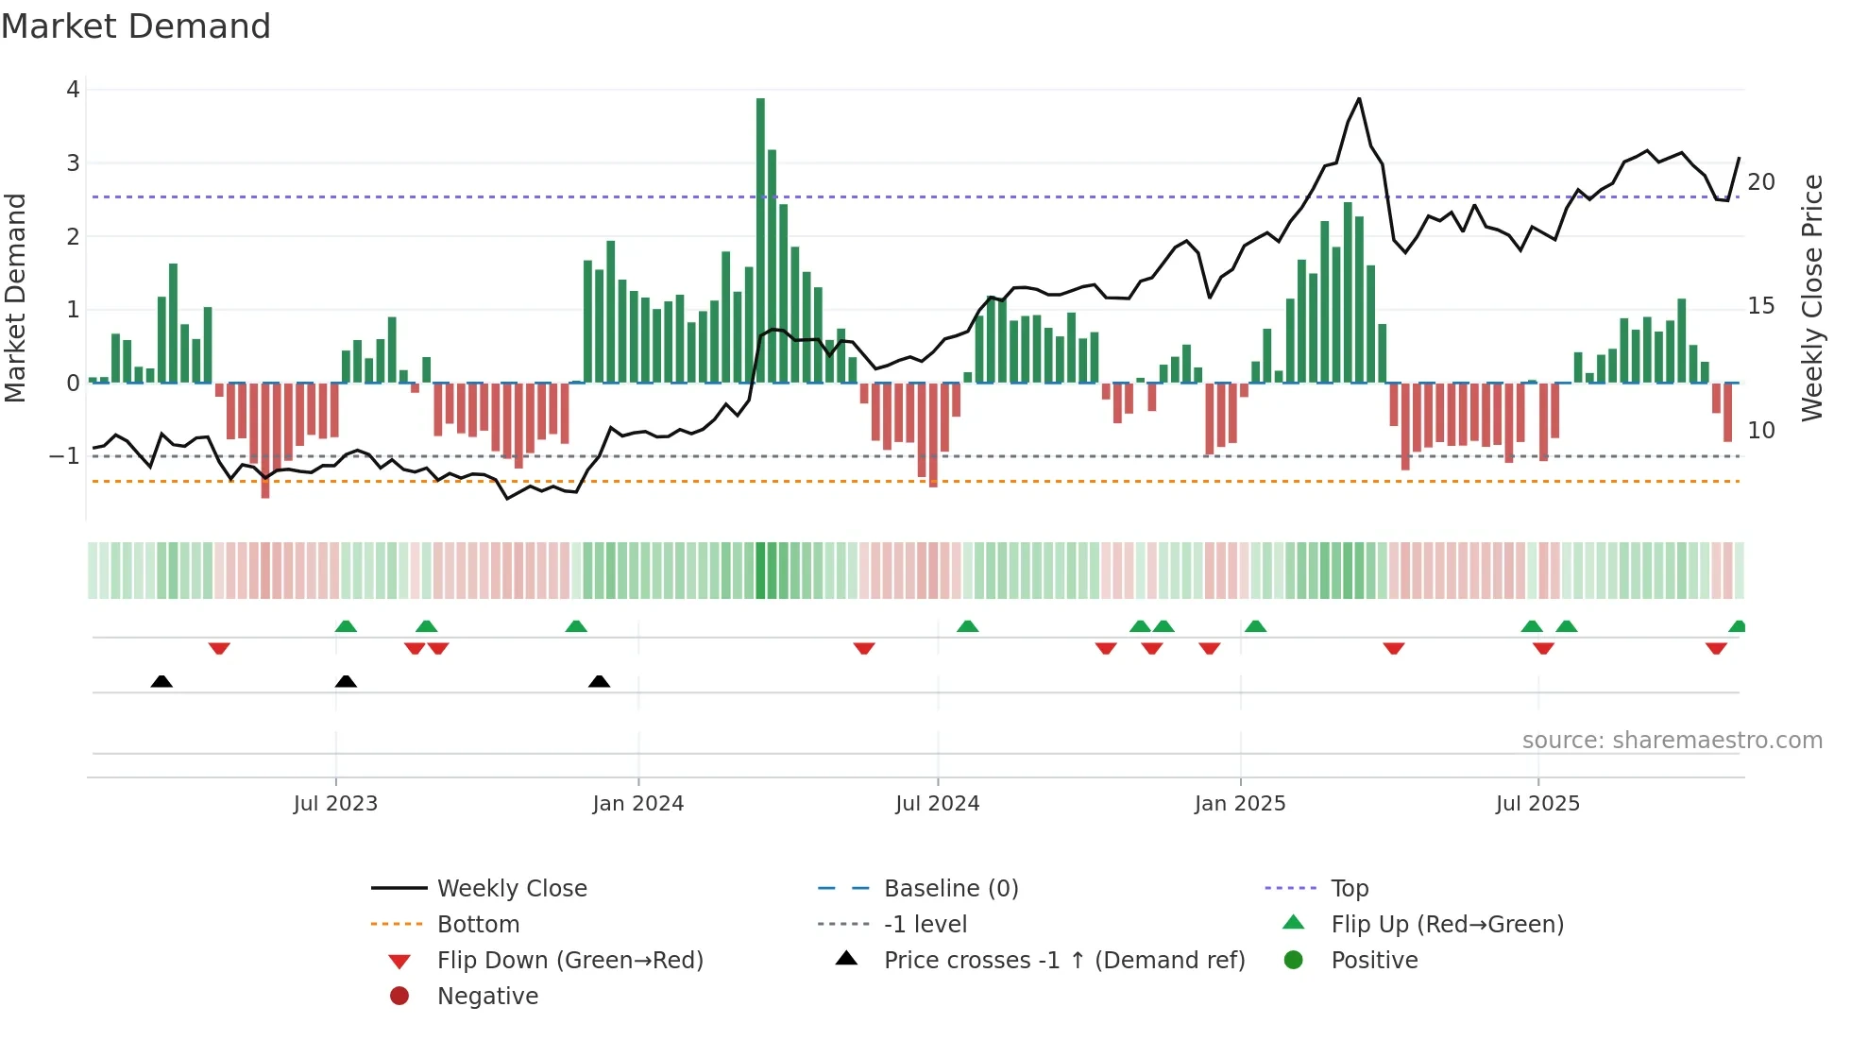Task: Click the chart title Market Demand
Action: coord(136,26)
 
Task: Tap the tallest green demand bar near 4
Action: coord(760,236)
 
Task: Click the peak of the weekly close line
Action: coord(1359,99)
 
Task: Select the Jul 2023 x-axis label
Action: coord(335,804)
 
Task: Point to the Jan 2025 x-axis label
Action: coord(1240,804)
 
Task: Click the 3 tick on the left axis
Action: coord(73,163)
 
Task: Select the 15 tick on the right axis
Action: coord(1761,306)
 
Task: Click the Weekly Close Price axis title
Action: coord(1812,298)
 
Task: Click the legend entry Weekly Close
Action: coord(511,889)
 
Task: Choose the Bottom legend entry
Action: coord(478,925)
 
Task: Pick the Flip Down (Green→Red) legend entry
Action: coord(569,961)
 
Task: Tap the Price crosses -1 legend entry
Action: coord(1064,961)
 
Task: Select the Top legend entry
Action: coord(1350,889)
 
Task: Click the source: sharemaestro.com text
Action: coord(1672,741)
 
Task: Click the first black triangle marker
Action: coord(161,682)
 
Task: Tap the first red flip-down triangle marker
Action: coord(219,648)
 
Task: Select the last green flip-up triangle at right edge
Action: coord(1738,626)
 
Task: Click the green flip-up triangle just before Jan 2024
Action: coord(576,626)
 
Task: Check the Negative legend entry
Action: coord(487,997)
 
